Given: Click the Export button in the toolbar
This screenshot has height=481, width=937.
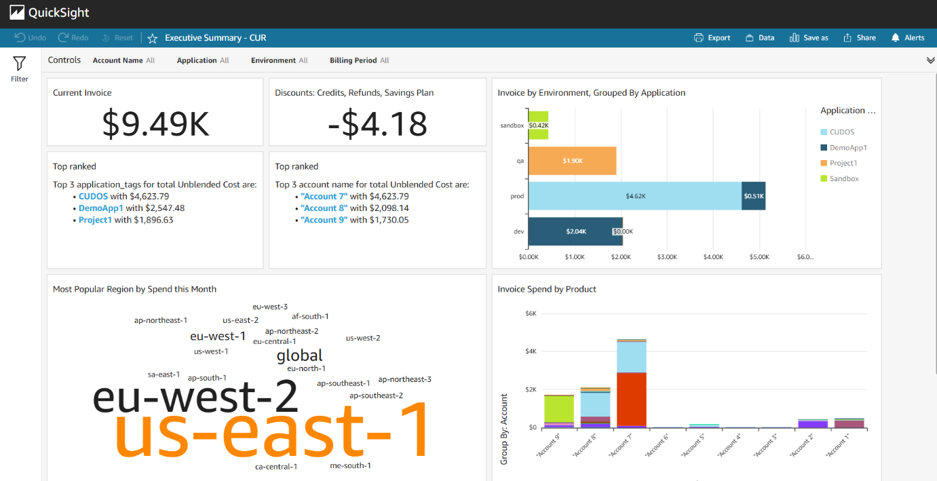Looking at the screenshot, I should (712, 38).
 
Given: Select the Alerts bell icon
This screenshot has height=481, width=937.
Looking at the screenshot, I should (896, 38).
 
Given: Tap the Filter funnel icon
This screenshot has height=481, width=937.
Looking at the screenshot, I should (20, 64).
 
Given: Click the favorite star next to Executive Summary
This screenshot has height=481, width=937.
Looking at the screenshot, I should (153, 38).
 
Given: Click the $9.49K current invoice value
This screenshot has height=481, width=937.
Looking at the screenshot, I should (155, 123).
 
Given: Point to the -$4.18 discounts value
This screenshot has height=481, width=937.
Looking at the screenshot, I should (377, 123).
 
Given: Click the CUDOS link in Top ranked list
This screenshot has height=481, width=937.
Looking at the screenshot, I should (93, 196).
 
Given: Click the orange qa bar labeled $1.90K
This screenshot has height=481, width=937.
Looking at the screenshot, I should (572, 161).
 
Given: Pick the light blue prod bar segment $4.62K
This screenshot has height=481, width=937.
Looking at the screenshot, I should (634, 196).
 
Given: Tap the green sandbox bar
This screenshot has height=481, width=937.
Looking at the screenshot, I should (538, 126).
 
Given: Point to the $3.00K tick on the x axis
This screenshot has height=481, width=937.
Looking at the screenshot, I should (667, 257).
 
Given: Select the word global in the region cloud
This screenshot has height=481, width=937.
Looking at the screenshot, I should (299, 355).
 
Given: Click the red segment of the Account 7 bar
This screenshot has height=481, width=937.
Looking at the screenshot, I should (632, 399).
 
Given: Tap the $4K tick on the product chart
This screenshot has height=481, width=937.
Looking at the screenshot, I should (531, 351).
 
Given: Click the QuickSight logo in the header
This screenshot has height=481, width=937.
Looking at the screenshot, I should (50, 13).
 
